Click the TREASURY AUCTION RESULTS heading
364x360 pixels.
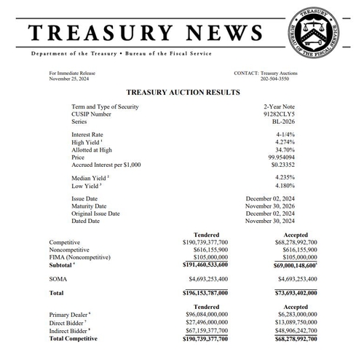[x=183, y=93]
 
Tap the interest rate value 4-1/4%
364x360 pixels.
[x=284, y=135]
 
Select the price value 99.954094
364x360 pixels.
[x=278, y=157]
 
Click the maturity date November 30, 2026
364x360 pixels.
[x=270, y=206]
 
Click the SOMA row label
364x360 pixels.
[x=58, y=279]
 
